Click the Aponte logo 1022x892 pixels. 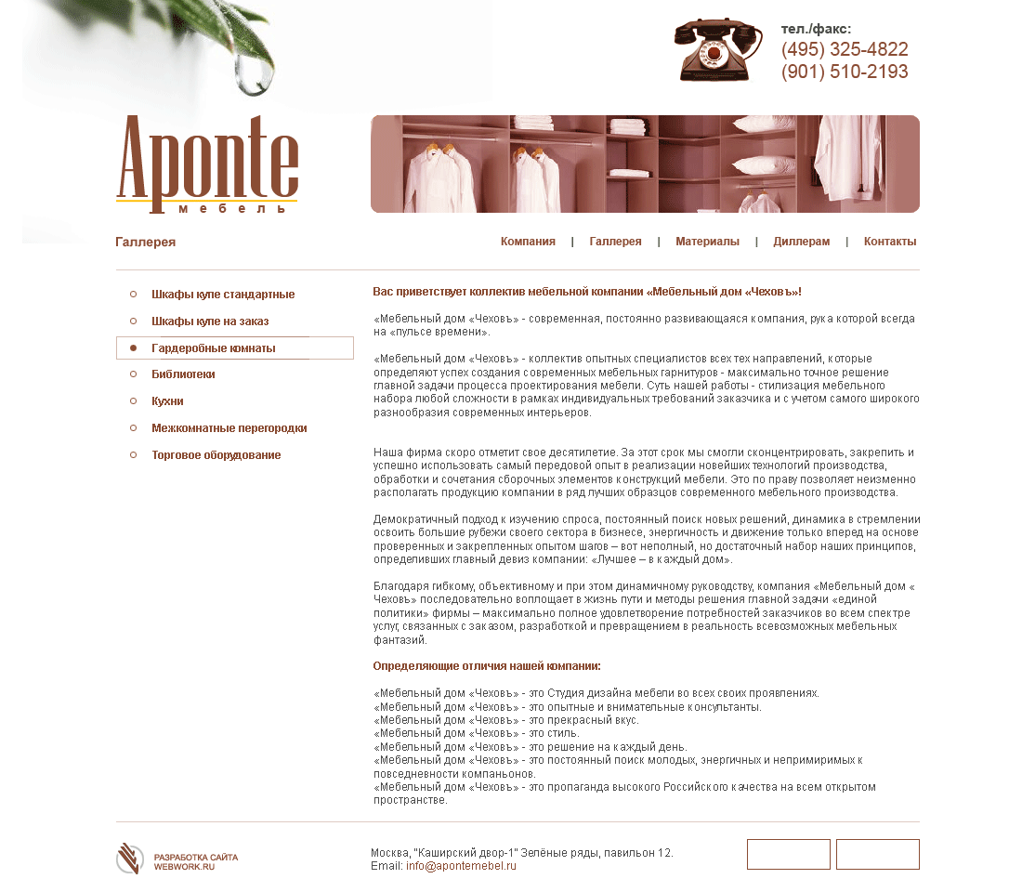[206, 164]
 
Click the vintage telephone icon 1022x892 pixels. [712, 50]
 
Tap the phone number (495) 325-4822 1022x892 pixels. [845, 50]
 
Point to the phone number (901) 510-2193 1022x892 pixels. [845, 72]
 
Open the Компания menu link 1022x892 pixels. [528, 242]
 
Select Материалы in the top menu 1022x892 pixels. [707, 242]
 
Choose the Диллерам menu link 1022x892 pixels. [801, 242]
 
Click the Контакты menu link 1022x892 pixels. [889, 242]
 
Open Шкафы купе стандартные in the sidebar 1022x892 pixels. [223, 295]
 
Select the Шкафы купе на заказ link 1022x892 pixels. [210, 321]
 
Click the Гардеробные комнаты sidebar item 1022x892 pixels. [214, 348]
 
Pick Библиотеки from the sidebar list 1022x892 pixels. [183, 374]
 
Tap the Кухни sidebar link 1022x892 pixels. [167, 401]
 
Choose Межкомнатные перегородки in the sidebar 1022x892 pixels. [229, 428]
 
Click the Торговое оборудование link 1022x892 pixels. [216, 455]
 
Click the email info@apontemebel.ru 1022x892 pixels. [461, 866]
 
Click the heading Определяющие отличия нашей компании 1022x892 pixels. [487, 666]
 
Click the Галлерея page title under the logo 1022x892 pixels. [146, 243]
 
